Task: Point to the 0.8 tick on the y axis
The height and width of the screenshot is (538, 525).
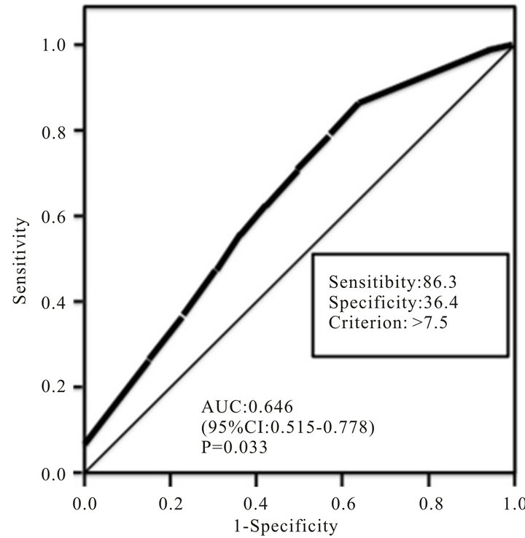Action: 58,130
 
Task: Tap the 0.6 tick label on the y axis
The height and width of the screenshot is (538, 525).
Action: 58,217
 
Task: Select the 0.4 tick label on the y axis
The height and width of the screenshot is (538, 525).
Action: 58,302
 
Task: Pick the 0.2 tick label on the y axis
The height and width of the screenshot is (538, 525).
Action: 58,387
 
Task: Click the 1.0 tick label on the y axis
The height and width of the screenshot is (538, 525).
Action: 58,45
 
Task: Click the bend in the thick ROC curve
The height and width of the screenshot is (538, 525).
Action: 359,103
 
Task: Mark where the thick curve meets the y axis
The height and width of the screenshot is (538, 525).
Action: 85,443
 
